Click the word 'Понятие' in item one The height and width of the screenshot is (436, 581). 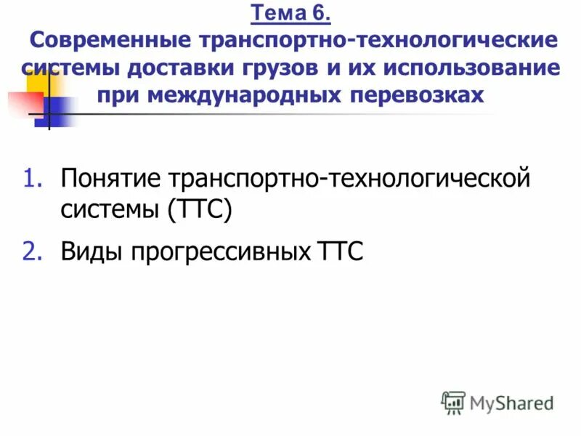pyautogui.click(x=110, y=179)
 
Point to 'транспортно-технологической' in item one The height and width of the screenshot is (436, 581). pyautogui.click(x=349, y=179)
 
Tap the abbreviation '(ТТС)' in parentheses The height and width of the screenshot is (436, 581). pyautogui.click(x=199, y=211)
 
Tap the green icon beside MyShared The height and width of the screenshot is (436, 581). pyautogui.click(x=453, y=402)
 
